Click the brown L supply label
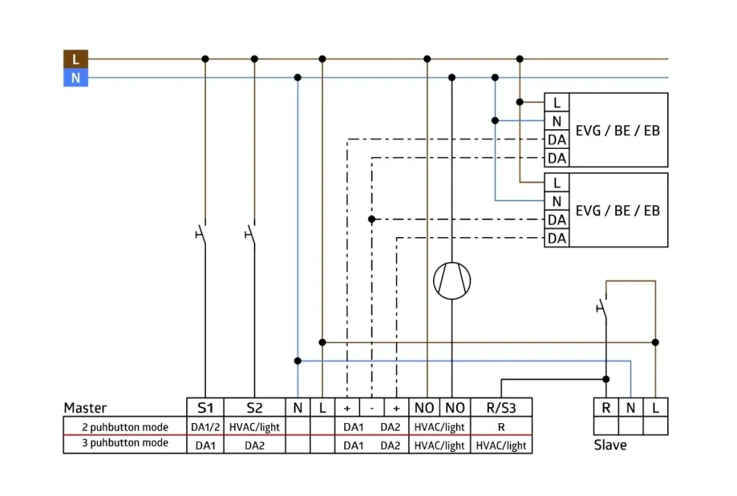tap(75, 58)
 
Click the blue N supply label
tap(75, 77)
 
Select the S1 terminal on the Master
tap(205, 407)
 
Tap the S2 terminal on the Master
tap(255, 407)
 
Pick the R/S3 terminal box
tap(501, 407)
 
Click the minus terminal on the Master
tap(372, 407)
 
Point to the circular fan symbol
tap(452, 280)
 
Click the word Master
tap(85, 408)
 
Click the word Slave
tap(610, 445)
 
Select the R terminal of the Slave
tap(606, 408)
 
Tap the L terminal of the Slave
tap(656, 408)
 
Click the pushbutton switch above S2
tap(251, 232)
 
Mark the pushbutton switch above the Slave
tap(603, 307)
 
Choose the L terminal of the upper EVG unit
tap(557, 103)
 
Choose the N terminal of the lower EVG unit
tap(557, 201)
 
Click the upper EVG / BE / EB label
tap(618, 130)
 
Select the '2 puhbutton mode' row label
tap(125, 427)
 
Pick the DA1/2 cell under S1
tap(205, 427)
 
